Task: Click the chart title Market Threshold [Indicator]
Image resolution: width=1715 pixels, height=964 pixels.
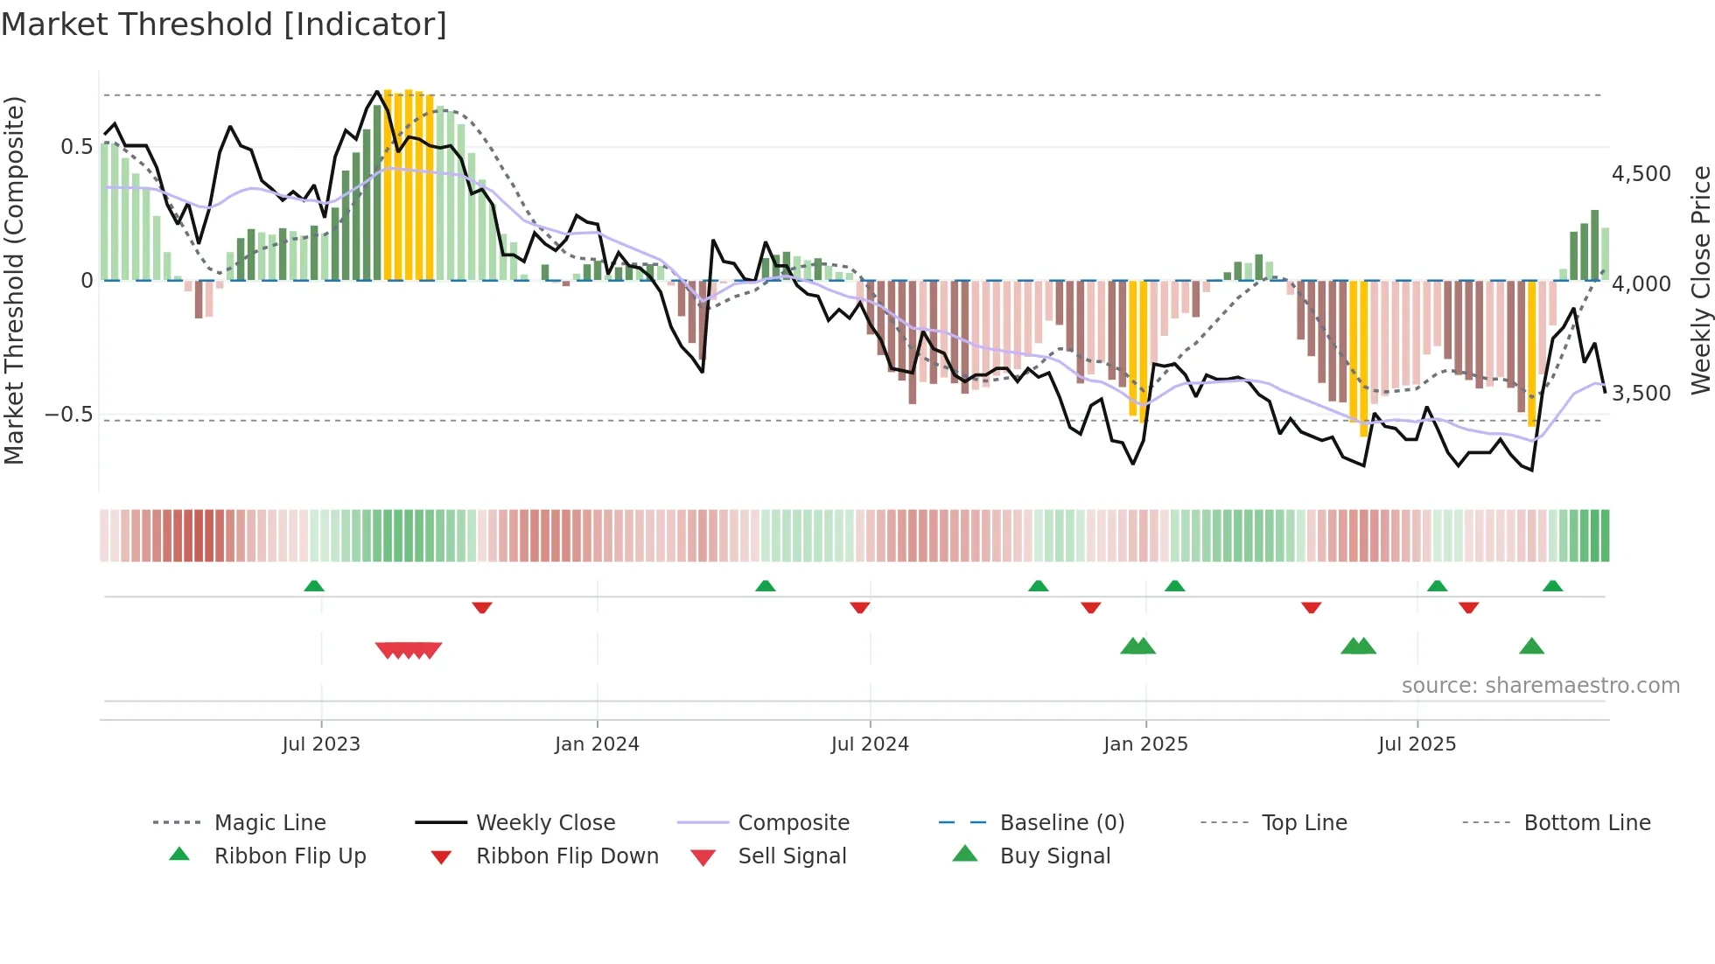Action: click(224, 24)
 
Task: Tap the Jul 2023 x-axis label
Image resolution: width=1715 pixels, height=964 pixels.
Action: click(321, 744)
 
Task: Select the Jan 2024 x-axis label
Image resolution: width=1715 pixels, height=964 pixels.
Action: click(597, 744)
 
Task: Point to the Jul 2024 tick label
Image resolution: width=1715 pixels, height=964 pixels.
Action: click(870, 744)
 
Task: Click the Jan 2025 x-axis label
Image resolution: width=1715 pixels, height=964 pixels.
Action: click(1145, 744)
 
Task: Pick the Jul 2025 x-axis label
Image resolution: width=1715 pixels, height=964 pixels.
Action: click(1417, 744)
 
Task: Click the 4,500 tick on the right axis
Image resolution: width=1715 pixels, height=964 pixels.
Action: click(1641, 174)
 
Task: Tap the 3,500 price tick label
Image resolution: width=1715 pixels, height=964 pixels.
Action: click(1641, 394)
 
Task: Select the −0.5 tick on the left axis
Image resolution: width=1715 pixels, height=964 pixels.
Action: click(68, 414)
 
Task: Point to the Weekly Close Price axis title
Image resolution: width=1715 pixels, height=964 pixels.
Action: click(1700, 280)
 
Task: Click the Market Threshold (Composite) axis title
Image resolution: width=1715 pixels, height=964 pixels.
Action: click(14, 280)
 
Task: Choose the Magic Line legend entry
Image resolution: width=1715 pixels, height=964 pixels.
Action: click(269, 823)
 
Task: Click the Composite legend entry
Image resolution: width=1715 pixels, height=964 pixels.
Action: click(793, 823)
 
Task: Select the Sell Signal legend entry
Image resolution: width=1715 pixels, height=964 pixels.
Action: click(791, 856)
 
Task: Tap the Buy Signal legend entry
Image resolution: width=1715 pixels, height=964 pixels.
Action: click(1054, 856)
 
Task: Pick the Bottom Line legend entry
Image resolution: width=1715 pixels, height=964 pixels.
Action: click(1586, 823)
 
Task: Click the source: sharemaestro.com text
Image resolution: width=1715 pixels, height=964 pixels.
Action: click(1540, 686)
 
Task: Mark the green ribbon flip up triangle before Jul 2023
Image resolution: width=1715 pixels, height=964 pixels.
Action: click(314, 586)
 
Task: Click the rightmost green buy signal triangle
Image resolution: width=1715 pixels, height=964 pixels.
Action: click(1531, 646)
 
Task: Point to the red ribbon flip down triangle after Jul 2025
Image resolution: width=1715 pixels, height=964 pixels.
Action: click(1468, 607)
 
